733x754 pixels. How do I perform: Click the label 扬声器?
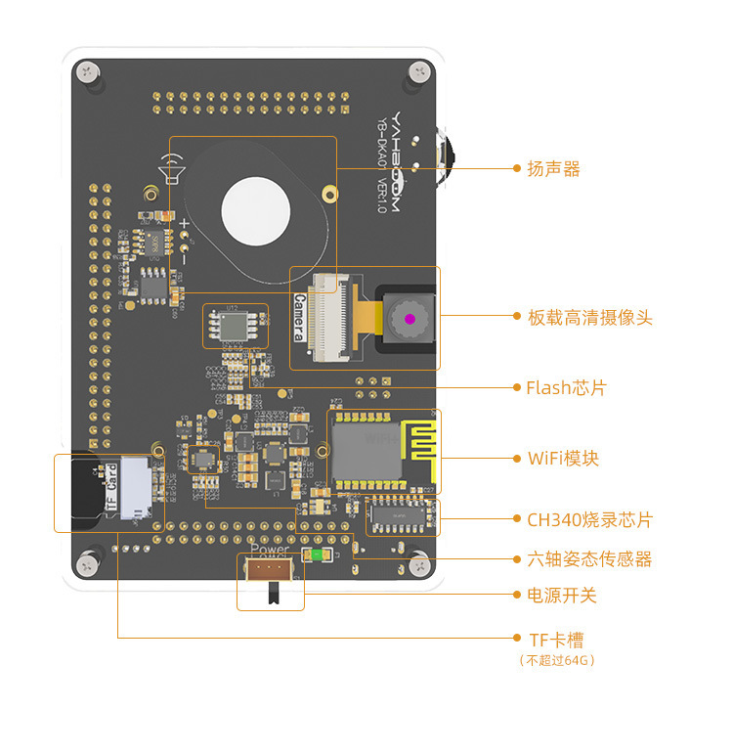pyautogui.click(x=553, y=169)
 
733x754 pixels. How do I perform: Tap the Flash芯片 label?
pyautogui.click(x=566, y=388)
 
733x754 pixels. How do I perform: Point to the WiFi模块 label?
pyautogui.click(x=563, y=459)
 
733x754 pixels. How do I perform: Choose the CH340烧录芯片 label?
pyautogui.click(x=589, y=519)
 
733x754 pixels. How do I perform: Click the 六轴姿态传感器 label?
pyautogui.click(x=589, y=559)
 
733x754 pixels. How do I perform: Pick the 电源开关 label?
pyautogui.click(x=562, y=595)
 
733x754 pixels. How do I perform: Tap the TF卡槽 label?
pyautogui.click(x=556, y=641)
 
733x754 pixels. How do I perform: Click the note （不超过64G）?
pyautogui.click(x=557, y=660)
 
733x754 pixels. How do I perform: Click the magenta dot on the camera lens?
pyautogui.click(x=410, y=319)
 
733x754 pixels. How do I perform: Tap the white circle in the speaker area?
pyautogui.click(x=256, y=210)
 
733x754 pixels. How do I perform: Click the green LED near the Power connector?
pyautogui.click(x=315, y=555)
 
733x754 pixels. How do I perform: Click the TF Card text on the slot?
pyautogui.click(x=111, y=491)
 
